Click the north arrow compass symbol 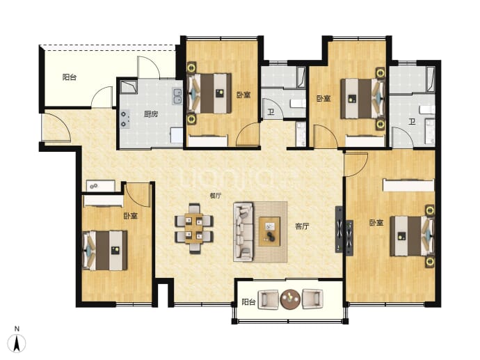(x=17, y=343)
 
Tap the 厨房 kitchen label (x=151, y=115)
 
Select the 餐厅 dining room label (x=216, y=196)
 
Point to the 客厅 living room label (x=302, y=226)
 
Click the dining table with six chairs (x=194, y=228)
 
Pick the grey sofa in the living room (x=243, y=232)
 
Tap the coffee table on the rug (x=269, y=231)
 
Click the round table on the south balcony (x=290, y=299)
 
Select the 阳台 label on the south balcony (x=248, y=302)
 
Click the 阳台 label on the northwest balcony (x=70, y=77)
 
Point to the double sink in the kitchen (x=177, y=96)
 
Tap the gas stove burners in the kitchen (x=125, y=119)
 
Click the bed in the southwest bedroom (x=105, y=250)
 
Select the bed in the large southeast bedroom (x=412, y=236)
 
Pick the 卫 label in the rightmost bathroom (x=412, y=122)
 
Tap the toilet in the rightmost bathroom (x=427, y=109)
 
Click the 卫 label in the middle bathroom (x=271, y=112)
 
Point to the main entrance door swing (x=57, y=127)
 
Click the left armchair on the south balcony (x=268, y=299)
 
